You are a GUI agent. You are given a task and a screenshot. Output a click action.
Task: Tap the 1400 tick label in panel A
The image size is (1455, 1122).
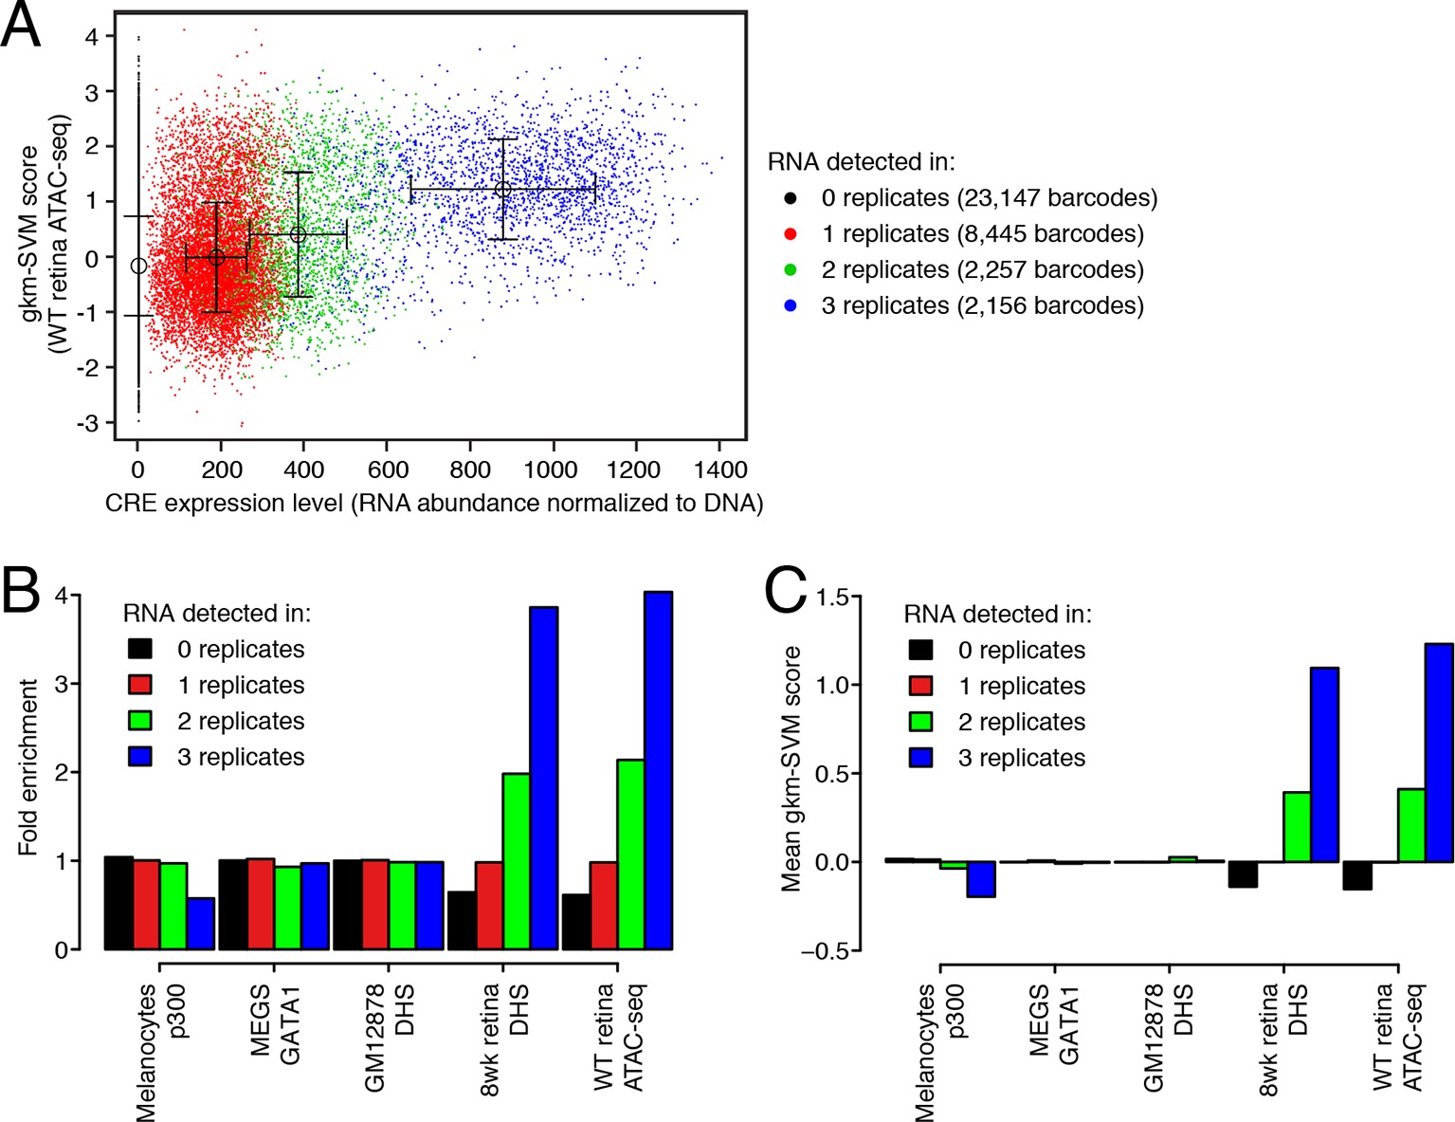(x=719, y=469)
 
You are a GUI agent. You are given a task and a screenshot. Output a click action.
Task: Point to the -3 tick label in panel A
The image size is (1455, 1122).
(x=89, y=423)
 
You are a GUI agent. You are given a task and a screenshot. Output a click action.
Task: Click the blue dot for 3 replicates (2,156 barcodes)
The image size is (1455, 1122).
(x=791, y=305)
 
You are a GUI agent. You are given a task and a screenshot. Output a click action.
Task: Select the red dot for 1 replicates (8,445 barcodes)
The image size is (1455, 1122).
(x=791, y=234)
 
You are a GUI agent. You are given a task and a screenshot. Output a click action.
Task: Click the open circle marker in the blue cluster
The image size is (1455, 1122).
(x=503, y=190)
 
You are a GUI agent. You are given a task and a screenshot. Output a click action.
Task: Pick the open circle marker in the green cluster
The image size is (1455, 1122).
(x=298, y=234)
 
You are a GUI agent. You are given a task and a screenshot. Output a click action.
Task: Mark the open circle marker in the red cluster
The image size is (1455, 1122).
(x=216, y=257)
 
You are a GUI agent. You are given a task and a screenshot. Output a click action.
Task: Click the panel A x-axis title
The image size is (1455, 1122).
(x=434, y=503)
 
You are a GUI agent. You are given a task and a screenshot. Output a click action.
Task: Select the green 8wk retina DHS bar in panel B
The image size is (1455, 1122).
(x=516, y=861)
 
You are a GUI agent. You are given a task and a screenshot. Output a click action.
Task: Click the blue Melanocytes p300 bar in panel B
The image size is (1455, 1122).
(x=200, y=923)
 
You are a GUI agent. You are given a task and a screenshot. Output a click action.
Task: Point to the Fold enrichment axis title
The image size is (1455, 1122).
(x=28, y=766)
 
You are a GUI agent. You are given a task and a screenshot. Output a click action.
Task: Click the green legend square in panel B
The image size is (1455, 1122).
(x=140, y=721)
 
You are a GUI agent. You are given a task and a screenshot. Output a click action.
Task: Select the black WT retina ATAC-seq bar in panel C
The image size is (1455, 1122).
(x=1357, y=875)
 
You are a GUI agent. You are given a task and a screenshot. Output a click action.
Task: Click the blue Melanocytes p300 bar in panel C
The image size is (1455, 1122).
(x=981, y=879)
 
